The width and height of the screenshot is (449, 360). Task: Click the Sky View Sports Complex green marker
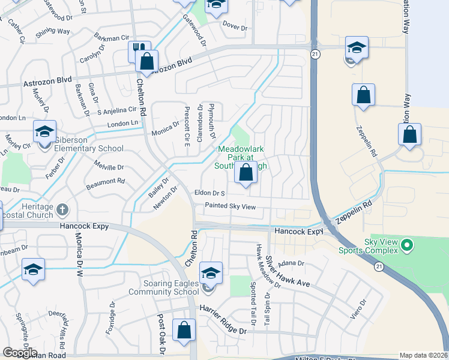pyautogui.click(x=408, y=245)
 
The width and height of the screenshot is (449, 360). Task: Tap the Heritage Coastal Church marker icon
pyautogui.click(x=62, y=209)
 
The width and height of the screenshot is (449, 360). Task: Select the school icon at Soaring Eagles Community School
pyautogui.click(x=211, y=274)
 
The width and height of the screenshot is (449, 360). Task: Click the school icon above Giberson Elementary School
pyautogui.click(x=44, y=131)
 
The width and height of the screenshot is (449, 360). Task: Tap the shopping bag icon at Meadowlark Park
pyautogui.click(x=246, y=173)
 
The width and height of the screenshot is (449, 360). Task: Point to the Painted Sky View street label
pyautogui.click(x=231, y=206)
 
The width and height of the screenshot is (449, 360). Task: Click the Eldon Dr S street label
pyautogui.click(x=209, y=193)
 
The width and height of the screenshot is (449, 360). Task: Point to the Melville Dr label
pyautogui.click(x=108, y=167)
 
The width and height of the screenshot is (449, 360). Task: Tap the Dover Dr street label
pyautogui.click(x=235, y=28)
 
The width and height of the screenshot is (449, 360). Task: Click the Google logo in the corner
pyautogui.click(x=20, y=353)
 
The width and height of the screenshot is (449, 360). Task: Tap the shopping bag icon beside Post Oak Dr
pyautogui.click(x=184, y=330)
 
